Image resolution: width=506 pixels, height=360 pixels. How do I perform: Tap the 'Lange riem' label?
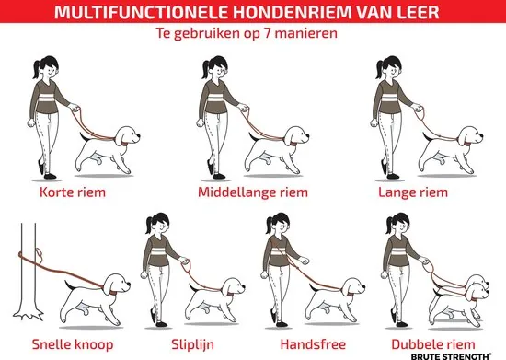click(413, 193)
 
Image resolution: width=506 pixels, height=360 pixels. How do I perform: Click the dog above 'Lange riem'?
click(451, 143)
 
